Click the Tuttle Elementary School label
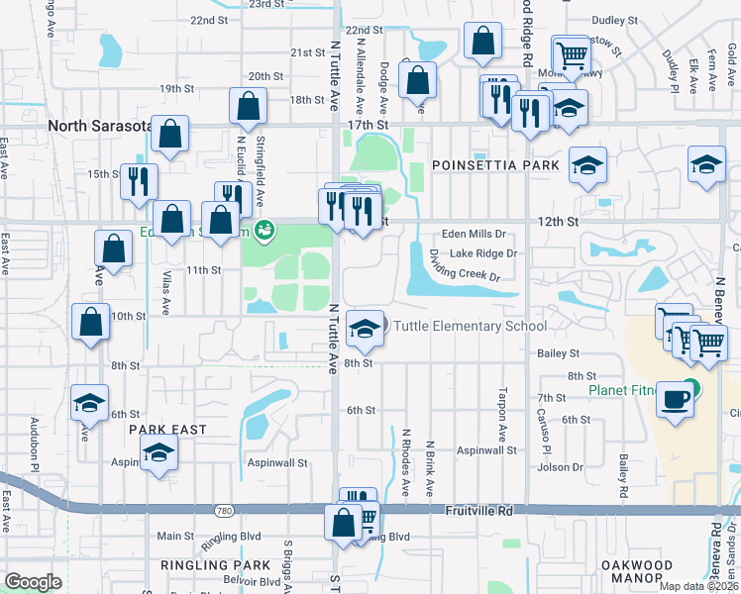(470, 326)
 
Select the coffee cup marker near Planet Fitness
(676, 401)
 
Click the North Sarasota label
(100, 126)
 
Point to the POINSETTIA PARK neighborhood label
(495, 165)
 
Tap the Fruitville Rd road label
(478, 512)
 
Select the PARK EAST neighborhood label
(167, 430)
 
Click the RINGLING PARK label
(215, 565)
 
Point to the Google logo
(33, 582)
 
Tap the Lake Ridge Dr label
(483, 252)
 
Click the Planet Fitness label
(623, 390)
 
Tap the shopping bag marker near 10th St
(91, 323)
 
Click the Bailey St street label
(560, 352)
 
